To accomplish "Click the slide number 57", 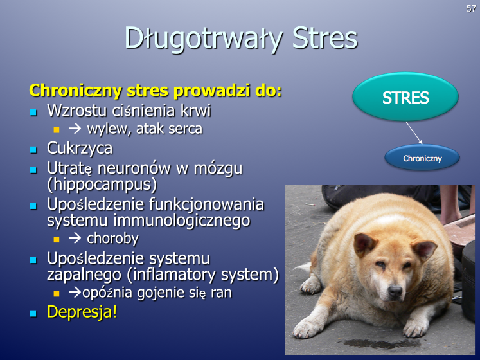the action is (471, 8).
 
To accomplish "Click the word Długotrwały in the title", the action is (203, 39).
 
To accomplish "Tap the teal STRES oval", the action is (405, 97).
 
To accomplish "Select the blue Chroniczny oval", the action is (422, 158).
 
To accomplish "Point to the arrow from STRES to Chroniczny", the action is (414, 132).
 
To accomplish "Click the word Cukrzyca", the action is (80, 148).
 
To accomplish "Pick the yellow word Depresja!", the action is (82, 312).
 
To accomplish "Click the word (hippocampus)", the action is (102, 184).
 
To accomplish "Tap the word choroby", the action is (112, 239).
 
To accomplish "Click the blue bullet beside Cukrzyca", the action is (33, 150).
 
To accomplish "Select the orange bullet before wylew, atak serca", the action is (57, 130).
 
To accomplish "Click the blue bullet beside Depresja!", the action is (33, 314).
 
